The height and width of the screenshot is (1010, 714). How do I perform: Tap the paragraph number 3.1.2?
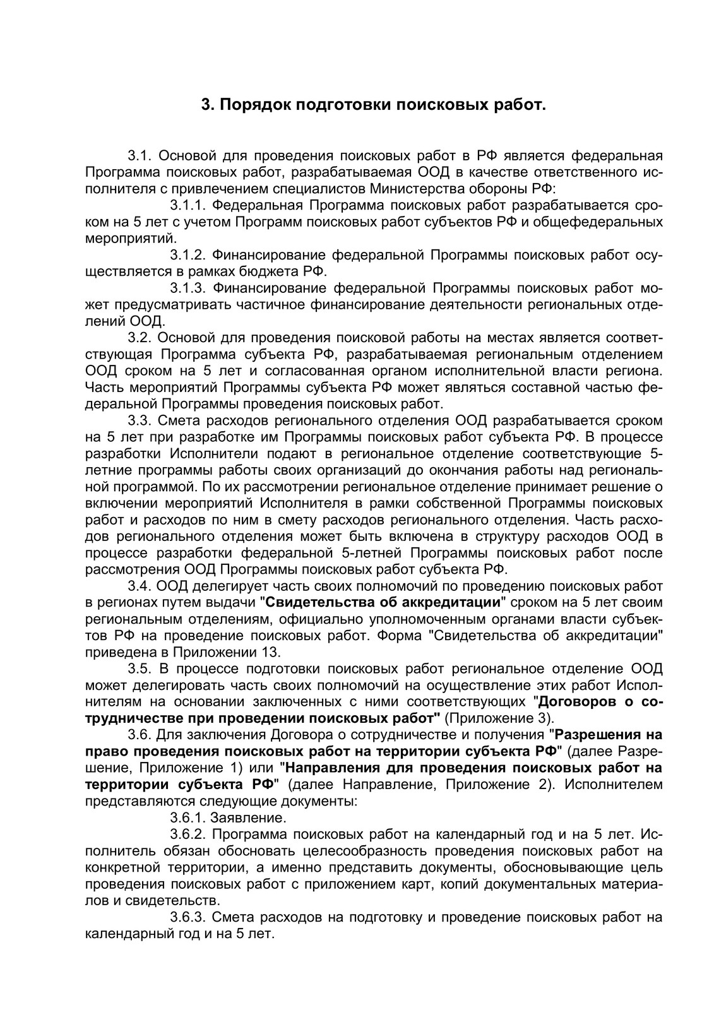click(187, 255)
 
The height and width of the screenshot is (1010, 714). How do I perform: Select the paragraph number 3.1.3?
click(187, 288)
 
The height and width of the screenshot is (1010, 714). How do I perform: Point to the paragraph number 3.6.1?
click(187, 818)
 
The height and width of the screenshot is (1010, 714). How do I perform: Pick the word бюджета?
click(275, 271)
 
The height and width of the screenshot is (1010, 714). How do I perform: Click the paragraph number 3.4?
click(139, 585)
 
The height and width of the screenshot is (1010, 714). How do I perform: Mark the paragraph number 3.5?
click(139, 668)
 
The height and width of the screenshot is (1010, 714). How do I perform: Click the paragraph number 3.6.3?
click(187, 918)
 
